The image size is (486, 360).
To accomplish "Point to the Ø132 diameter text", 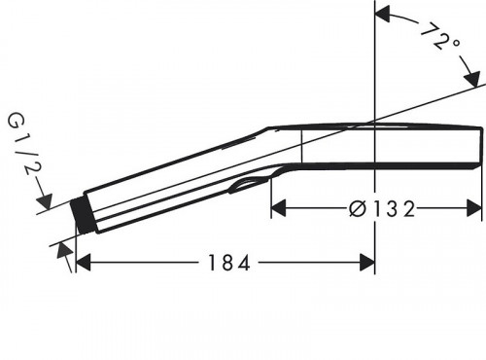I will [x=381, y=207].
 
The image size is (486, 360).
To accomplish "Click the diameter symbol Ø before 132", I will [x=356, y=207].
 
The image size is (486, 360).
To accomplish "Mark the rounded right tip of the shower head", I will [x=481, y=146].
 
